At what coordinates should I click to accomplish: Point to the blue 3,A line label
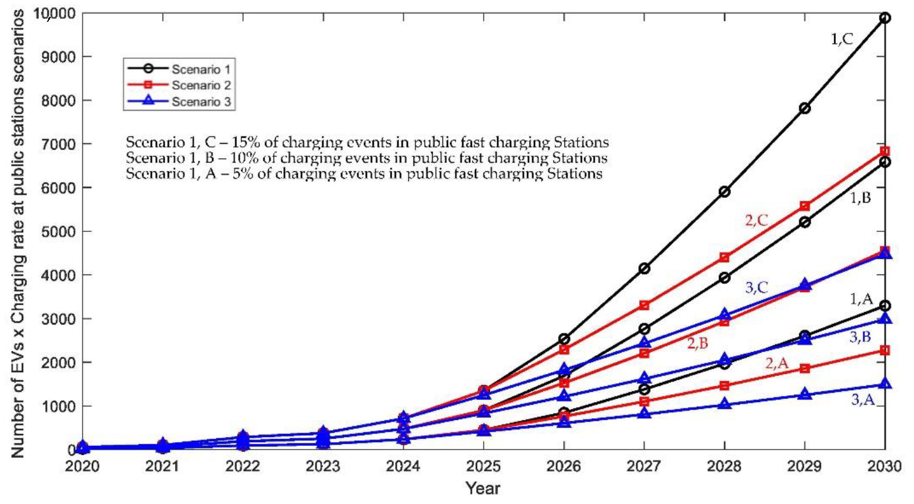[x=863, y=401]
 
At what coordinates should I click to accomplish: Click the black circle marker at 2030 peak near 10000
[x=885, y=18]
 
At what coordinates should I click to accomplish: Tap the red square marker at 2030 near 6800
[x=885, y=151]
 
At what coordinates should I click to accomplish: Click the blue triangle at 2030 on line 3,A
[x=885, y=384]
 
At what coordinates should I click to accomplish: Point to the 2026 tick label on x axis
[x=563, y=467]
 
